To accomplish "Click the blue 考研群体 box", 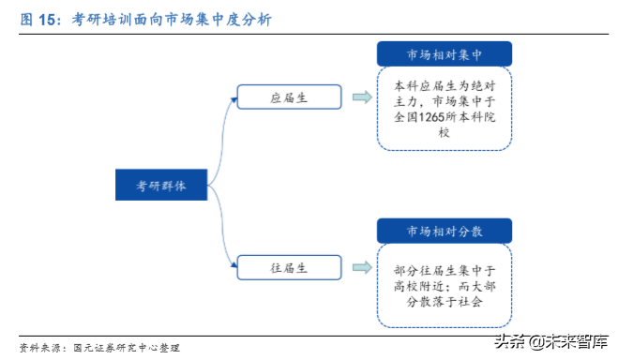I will (x=162, y=185).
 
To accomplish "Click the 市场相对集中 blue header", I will (x=445, y=53).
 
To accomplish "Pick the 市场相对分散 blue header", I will (x=445, y=231).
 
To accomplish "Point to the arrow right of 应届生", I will (x=360, y=97).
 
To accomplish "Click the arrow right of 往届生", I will (x=360, y=267).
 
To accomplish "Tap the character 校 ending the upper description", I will (x=445, y=132).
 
